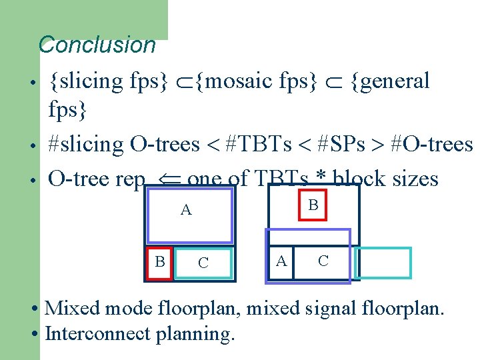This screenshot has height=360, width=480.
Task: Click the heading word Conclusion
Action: [97, 45]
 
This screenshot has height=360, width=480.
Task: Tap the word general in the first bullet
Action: [396, 81]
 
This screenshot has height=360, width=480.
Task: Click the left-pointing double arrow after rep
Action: [166, 179]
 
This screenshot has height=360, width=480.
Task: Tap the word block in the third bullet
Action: [363, 179]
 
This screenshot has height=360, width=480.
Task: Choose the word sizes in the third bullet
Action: [416, 179]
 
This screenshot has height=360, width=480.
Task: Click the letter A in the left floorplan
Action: [186, 211]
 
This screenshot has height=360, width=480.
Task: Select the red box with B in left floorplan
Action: [159, 262]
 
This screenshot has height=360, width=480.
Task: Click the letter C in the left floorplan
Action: [203, 263]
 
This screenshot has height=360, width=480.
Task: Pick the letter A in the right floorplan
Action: [282, 261]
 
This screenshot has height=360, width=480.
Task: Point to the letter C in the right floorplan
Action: [323, 261]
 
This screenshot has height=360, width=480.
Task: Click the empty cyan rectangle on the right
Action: [383, 263]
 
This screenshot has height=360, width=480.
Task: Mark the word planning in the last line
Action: [195, 333]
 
